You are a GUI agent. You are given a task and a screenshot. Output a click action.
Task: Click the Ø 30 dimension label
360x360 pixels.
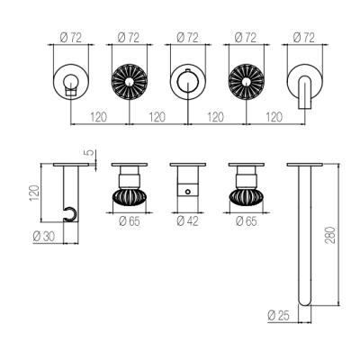point(44,237)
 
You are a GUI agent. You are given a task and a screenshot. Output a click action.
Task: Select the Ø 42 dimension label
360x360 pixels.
point(187,221)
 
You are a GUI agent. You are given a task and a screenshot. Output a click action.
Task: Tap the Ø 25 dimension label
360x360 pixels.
point(278,316)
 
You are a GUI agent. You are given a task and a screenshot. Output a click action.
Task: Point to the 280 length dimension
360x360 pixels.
point(330,235)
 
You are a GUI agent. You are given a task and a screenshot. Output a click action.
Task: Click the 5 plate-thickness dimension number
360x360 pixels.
point(90,153)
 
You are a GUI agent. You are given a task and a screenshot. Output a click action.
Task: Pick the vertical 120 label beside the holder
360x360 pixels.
point(34,193)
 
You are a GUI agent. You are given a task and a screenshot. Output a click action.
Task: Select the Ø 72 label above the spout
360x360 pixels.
point(303,38)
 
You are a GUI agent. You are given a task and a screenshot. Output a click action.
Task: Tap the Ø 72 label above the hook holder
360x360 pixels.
point(70,38)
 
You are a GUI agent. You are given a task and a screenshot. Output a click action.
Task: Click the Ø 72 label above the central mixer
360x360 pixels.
point(187,38)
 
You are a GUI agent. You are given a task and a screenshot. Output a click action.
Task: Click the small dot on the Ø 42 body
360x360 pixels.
point(188,192)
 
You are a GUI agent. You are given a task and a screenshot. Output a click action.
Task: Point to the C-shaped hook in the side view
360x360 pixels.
point(71,213)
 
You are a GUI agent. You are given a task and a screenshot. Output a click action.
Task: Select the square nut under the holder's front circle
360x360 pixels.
point(71,91)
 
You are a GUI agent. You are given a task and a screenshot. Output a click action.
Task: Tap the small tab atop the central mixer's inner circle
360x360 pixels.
point(188,70)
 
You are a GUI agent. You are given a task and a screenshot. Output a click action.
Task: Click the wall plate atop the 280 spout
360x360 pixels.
point(305,165)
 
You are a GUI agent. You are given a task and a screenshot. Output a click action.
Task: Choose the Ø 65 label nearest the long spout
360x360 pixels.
point(247,221)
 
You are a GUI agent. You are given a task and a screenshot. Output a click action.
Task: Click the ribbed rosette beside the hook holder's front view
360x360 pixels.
point(130,81)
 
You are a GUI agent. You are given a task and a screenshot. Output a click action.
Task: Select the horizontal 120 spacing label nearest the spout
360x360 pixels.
point(274,117)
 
